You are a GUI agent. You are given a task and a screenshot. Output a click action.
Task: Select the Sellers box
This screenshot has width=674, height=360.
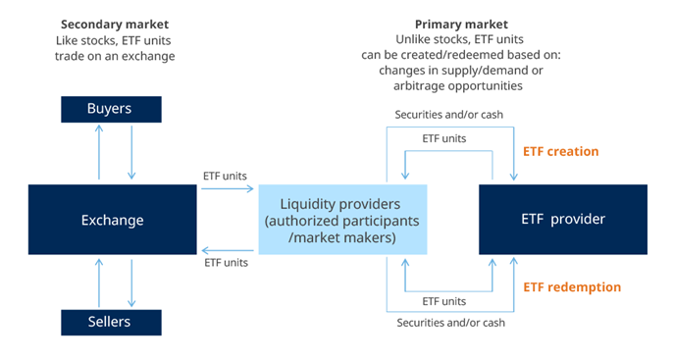(114, 322)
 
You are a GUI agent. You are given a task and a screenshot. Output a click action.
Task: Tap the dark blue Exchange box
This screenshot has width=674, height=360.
(114, 221)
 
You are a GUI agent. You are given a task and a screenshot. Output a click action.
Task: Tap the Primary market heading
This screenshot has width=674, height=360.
(461, 24)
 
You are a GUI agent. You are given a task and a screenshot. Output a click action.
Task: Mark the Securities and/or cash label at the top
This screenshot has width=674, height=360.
(450, 114)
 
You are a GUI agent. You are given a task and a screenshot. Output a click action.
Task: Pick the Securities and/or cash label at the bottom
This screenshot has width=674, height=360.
(450, 323)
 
